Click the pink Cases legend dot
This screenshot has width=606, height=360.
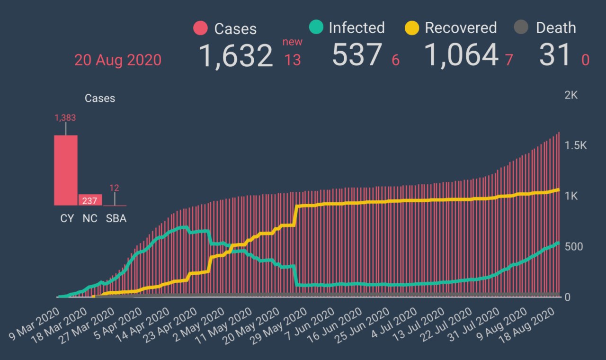point(201,28)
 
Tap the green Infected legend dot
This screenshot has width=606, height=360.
point(315,28)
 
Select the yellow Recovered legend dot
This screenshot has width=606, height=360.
point(412,28)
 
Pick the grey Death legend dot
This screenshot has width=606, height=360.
point(521,28)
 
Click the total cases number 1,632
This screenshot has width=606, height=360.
point(235,55)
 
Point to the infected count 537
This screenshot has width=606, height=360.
point(356,55)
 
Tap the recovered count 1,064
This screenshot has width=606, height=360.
point(461,55)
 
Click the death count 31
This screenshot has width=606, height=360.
point(555,55)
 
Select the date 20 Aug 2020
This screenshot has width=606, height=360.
point(118,60)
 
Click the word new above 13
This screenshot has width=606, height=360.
point(292,42)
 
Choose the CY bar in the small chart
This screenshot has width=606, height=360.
point(66,171)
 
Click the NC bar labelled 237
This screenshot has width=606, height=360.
point(90,200)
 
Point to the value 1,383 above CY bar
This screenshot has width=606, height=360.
point(65,118)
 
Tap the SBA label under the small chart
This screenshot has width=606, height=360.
point(116,219)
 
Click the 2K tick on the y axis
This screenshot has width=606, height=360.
point(571,95)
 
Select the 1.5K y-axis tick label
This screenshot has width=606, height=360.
point(575,145)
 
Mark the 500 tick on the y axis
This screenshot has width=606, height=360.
point(573,247)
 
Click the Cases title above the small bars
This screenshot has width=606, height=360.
point(100,99)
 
